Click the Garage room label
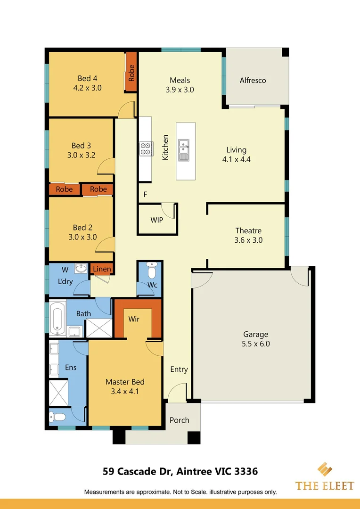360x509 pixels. (255, 334)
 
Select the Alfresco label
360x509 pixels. (253, 80)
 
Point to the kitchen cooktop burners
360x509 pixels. (145, 148)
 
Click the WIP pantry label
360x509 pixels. (156, 220)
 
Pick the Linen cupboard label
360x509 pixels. (102, 269)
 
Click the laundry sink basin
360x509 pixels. (82, 269)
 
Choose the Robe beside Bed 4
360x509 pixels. (131, 73)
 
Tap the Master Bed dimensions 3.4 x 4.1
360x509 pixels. (125, 391)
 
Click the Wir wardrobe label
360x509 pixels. (134, 319)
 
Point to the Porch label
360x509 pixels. (179, 420)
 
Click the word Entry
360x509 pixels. (179, 369)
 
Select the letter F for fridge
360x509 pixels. (145, 194)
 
